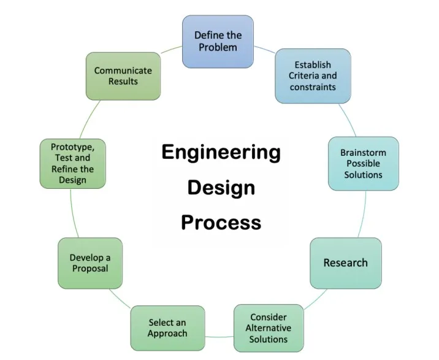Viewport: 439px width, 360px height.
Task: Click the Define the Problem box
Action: [218, 41]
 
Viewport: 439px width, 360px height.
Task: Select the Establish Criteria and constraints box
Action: [313, 75]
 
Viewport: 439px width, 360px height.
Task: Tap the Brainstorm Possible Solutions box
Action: [363, 163]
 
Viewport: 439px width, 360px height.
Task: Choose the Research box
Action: [345, 263]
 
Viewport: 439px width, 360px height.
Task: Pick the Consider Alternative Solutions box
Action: [269, 328]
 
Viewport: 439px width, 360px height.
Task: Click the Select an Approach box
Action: [167, 328]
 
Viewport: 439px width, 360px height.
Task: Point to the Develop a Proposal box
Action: [90, 263]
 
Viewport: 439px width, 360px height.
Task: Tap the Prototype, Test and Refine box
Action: [72, 163]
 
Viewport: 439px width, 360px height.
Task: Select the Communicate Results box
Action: [123, 75]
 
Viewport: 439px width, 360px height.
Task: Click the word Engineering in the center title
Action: [221, 152]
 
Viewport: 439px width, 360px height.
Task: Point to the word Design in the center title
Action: [221, 187]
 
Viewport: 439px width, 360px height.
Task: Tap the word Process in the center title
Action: [221, 221]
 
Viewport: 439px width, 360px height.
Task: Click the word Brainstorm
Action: [363, 152]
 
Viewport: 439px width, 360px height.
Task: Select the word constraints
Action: [313, 87]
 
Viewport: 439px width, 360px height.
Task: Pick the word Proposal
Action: [90, 269]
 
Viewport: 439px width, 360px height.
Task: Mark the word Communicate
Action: [123, 70]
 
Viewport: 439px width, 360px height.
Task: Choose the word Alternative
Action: [269, 328]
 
